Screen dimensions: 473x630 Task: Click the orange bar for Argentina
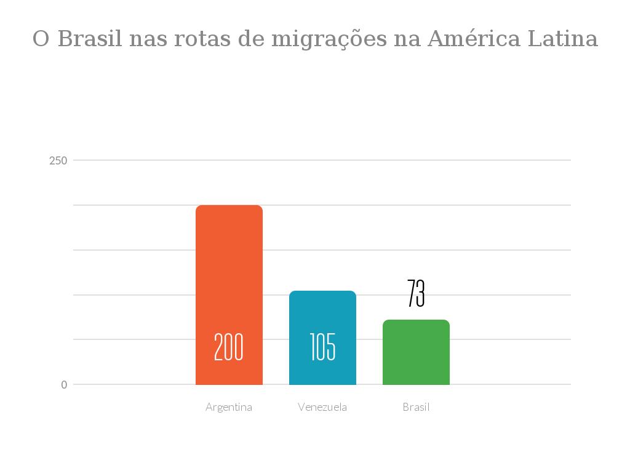coord(229,277)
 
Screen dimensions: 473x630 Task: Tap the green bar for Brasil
coord(416,354)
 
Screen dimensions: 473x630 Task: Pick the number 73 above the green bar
coord(416,293)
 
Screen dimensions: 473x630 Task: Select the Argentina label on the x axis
coord(229,407)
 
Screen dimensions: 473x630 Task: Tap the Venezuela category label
coord(322,407)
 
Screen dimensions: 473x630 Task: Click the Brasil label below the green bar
coord(416,407)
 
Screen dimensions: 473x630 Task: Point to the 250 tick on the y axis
coord(58,160)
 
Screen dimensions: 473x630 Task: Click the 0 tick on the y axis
coord(64,384)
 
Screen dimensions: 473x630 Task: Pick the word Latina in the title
coord(563,39)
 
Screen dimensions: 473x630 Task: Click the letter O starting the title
coord(41,39)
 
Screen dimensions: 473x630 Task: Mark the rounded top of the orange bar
coord(229,207)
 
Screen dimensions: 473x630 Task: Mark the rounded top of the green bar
coord(416,322)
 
